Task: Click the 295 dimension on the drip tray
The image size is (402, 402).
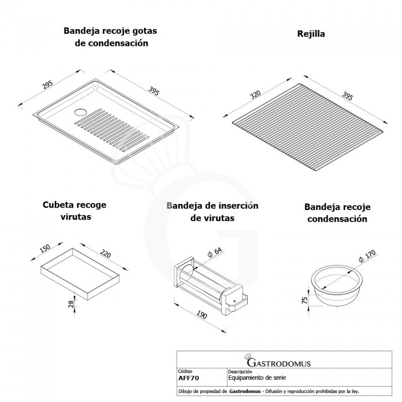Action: coord(48,84)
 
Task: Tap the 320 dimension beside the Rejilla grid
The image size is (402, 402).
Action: coord(255,94)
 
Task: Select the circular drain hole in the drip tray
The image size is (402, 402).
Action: coord(81,112)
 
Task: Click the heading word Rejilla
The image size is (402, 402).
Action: coord(311,34)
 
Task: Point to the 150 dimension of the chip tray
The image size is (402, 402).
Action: coord(45,248)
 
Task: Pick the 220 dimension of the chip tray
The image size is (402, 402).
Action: coord(106,254)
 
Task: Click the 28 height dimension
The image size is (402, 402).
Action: coord(71,304)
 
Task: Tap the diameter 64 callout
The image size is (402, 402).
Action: coord(215,252)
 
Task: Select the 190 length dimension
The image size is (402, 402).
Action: coord(202,315)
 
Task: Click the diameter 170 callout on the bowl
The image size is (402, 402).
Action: coord(367,256)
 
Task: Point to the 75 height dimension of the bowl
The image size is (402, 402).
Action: coord(305,300)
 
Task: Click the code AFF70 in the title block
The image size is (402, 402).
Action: coord(188,378)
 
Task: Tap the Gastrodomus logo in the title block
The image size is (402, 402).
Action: coord(277,361)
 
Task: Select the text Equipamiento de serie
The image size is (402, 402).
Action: coord(257,378)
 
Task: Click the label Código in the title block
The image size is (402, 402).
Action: coord(185,371)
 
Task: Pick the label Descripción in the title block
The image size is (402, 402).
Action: coord(240,371)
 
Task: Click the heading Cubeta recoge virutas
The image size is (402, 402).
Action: coord(74,211)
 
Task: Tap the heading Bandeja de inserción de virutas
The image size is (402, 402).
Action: coord(212,212)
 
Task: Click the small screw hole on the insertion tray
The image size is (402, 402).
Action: coord(234,300)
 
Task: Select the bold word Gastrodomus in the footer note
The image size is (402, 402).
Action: coord(245,391)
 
